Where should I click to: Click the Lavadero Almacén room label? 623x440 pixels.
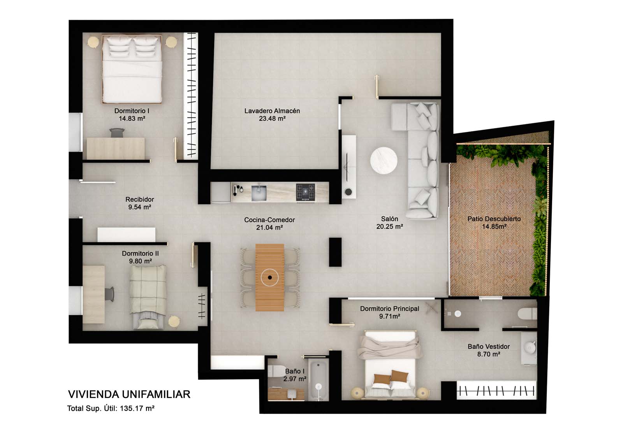(272, 110)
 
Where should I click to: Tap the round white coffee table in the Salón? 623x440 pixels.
(384, 161)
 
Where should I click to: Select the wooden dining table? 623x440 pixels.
(270, 277)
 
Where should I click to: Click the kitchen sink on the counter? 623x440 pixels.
(259, 192)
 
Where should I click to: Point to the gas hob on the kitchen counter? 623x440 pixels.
(305, 192)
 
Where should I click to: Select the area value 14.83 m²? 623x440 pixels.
(132, 119)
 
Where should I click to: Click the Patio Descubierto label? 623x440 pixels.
(494, 219)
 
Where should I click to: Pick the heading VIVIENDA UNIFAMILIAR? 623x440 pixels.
(129, 394)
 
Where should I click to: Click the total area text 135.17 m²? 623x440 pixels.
(137, 408)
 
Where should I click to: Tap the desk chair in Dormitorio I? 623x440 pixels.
(117, 133)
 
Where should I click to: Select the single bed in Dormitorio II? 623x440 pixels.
(148, 297)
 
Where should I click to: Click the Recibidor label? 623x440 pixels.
(140, 199)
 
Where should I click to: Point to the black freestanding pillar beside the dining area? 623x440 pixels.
(335, 252)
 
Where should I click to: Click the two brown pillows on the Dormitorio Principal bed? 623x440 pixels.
(391, 378)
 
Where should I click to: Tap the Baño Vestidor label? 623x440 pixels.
(489, 347)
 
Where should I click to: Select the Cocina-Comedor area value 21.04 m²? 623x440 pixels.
(269, 228)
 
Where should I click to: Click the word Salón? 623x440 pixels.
(389, 219)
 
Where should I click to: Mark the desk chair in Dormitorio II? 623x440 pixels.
(109, 294)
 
